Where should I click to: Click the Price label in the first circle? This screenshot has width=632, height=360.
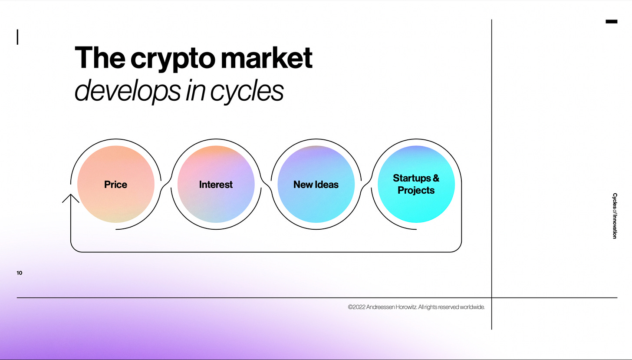coord(116,185)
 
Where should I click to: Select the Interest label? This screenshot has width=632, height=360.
coord(216,185)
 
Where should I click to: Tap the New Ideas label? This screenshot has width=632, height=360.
coord(316,185)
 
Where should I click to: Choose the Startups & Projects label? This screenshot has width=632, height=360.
coord(416,184)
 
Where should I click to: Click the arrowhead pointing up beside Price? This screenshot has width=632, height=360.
coord(71,198)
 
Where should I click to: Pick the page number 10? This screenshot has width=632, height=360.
coord(20,273)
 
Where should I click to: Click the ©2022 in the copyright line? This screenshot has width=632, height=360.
coord(356,307)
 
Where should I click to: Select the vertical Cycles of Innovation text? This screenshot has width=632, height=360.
coord(614,216)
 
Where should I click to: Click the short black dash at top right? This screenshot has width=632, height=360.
coord(611,21)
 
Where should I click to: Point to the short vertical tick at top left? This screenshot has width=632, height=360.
coord(17,37)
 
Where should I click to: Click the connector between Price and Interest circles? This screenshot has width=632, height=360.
coord(166,184)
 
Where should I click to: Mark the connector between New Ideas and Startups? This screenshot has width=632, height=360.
coord(366,184)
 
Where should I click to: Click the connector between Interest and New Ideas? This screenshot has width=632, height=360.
coord(266,184)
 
